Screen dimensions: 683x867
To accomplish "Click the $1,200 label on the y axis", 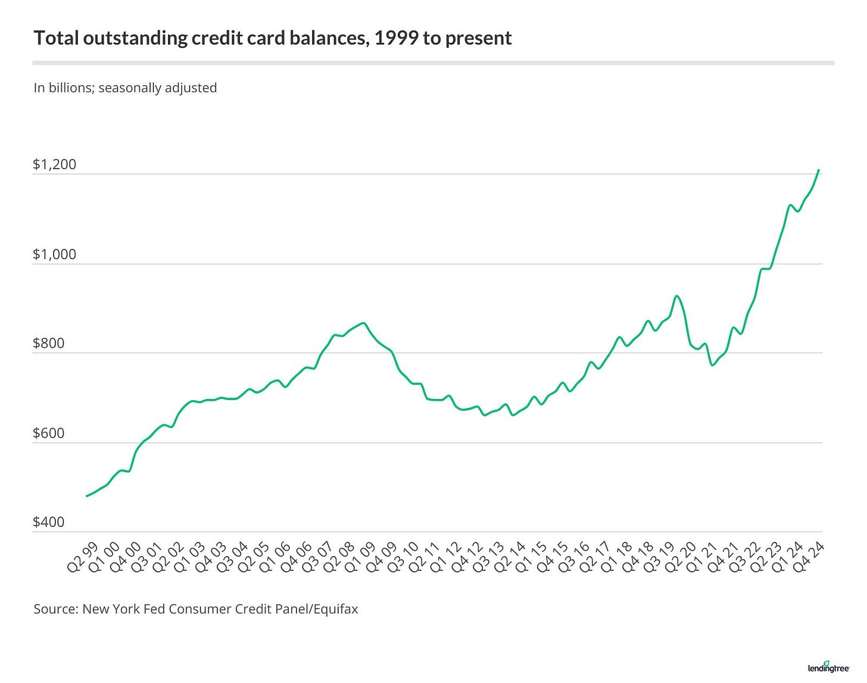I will (54, 164).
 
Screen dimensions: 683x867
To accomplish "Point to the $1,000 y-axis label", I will (54, 254).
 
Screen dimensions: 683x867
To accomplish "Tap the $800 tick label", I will (48, 344).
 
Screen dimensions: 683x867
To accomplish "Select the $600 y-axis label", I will (48, 433).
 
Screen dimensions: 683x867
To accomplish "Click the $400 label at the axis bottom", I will (48, 522).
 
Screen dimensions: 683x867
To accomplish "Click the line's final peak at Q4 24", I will (819, 170).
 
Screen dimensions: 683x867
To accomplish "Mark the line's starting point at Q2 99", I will (87, 496).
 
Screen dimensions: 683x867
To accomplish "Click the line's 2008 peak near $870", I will (363, 323).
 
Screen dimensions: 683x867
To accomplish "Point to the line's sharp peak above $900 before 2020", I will (676, 296).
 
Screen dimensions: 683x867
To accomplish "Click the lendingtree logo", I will (828, 668).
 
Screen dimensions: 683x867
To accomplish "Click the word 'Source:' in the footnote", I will (55, 609).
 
